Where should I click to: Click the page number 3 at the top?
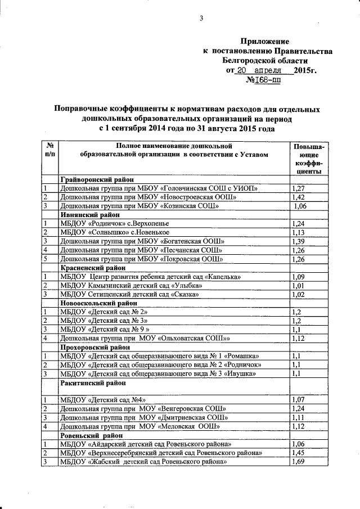tap(201, 18)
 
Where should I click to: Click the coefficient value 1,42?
tap(299, 197)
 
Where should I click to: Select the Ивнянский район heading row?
tap(87, 215)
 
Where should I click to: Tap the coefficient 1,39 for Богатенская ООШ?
tap(299, 241)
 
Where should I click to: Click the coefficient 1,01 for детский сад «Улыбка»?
tap(299, 285)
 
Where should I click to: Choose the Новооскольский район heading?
tap(94, 303)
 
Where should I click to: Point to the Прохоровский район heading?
tap(91, 347)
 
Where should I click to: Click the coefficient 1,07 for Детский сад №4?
tap(299, 400)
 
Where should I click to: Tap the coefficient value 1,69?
tap(299, 462)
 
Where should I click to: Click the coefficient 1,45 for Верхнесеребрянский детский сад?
tap(299, 453)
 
